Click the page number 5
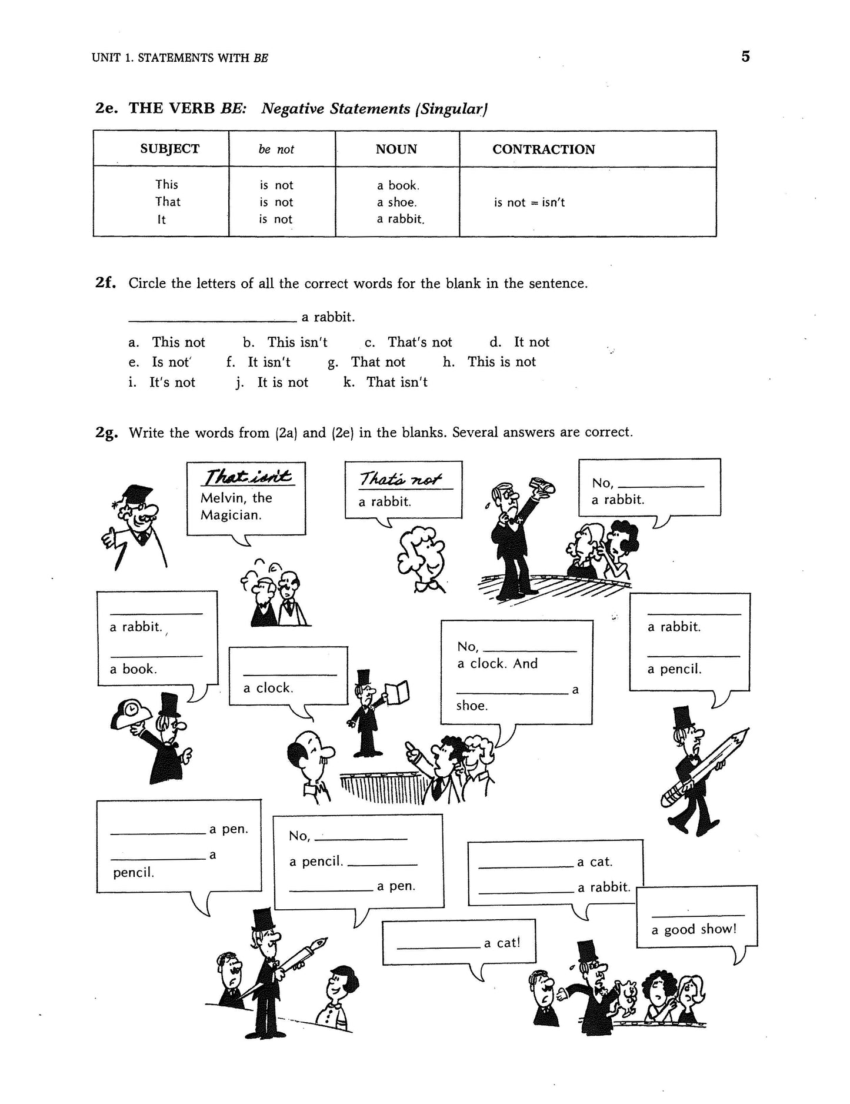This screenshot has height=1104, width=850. coord(745,56)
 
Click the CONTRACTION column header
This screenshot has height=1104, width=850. coord(543,149)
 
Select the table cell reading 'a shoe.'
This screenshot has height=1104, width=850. coord(396,202)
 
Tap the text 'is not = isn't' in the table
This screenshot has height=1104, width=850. coord(529,202)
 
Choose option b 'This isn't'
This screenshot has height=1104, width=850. coord(296,342)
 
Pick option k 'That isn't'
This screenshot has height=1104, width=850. coord(396,382)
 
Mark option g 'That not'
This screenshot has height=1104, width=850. coord(378,362)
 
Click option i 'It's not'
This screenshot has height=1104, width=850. coord(172,382)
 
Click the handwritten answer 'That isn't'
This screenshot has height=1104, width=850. coord(247,477)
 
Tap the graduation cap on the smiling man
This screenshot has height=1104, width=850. coord(136,493)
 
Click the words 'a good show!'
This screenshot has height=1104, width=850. coord(694,930)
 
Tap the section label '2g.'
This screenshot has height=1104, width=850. coord(106,433)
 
